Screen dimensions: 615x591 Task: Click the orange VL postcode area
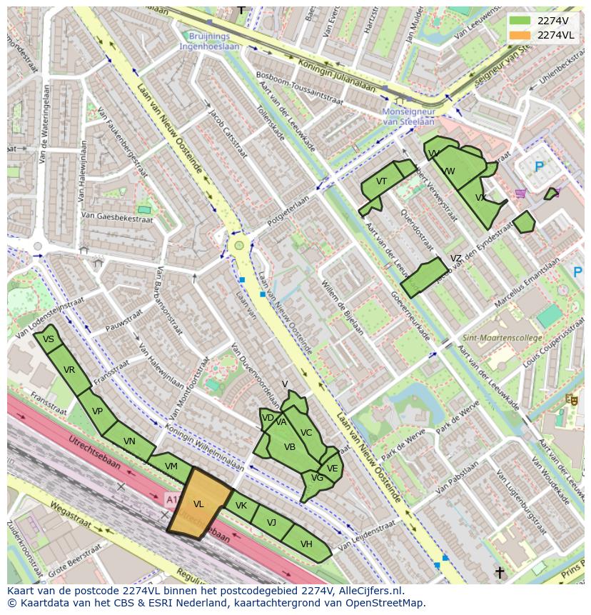point(199,504)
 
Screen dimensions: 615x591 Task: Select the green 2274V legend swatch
point(520,20)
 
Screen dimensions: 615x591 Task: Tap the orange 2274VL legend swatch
point(520,35)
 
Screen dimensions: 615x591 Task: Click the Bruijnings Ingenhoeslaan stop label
point(210,41)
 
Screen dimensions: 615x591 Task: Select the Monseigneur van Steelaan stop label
point(408,116)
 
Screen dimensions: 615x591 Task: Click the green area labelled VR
point(69,370)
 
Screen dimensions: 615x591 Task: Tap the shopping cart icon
point(520,193)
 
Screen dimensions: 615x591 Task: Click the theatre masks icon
point(570,400)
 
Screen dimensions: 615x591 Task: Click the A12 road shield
point(172,498)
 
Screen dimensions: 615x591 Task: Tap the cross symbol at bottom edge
point(500,572)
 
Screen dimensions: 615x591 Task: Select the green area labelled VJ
point(272,523)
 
